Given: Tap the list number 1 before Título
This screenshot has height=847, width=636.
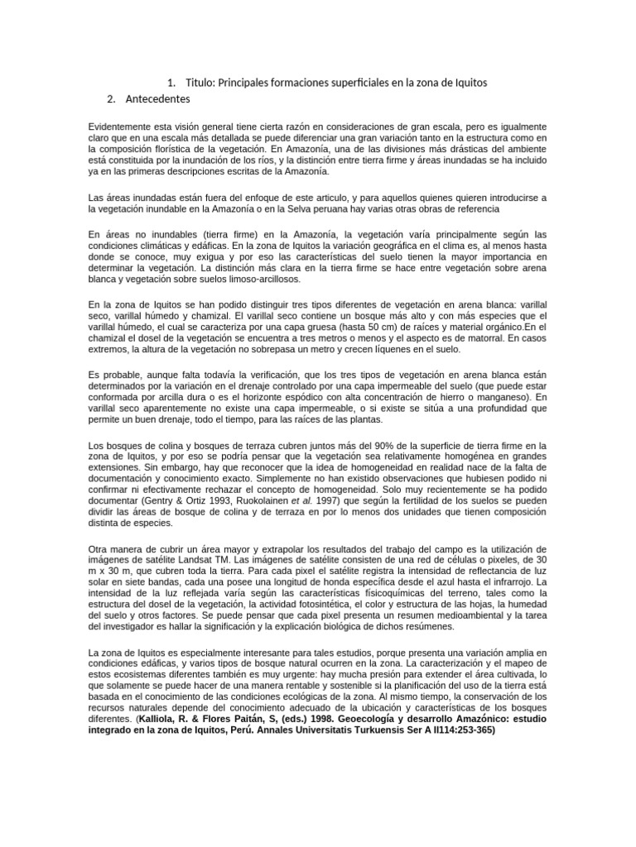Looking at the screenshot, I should click(170, 83).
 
